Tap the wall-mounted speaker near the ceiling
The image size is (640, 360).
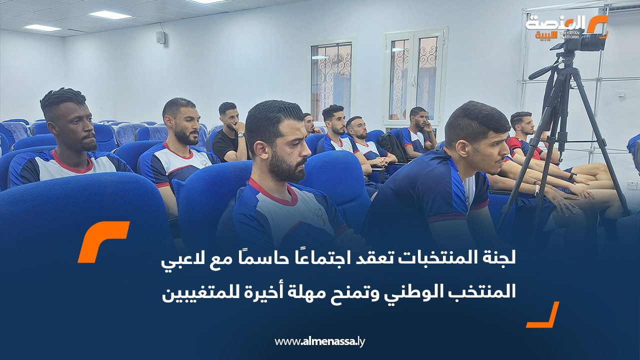tap(160, 37)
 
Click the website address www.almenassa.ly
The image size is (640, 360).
tap(320, 341)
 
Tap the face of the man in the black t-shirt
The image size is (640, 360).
tap(230, 117)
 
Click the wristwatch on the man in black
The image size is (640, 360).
tap(241, 134)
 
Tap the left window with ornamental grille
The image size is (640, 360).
tap(331, 80)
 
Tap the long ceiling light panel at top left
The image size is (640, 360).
tap(109, 15)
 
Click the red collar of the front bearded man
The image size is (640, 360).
tap(272, 192)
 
